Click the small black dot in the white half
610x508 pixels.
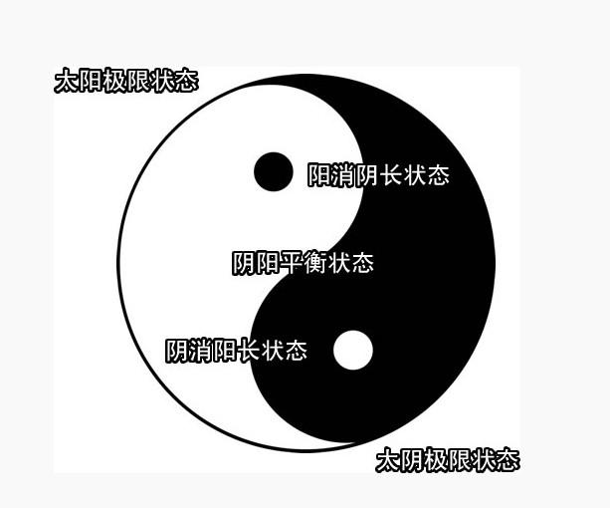point(274,171)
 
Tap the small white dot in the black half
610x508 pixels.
point(352,350)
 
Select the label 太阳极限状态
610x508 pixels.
point(126,81)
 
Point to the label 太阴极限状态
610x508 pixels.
point(448,460)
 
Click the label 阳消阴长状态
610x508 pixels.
point(378,175)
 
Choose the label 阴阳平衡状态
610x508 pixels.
point(303,263)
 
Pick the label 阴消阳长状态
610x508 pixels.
point(236,351)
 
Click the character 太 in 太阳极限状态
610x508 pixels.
point(67,81)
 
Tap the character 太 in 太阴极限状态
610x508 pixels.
point(388,460)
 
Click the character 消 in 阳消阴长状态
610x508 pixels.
point(342,175)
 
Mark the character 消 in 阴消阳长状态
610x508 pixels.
point(200,351)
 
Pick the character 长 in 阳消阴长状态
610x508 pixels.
point(390,175)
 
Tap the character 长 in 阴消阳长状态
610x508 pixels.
point(248,351)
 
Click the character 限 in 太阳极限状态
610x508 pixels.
point(138,81)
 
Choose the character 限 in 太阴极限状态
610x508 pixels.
point(460,460)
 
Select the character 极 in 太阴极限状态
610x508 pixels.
point(436,460)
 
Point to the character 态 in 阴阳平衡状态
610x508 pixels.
point(362,263)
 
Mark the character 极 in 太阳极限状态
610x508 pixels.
point(114,81)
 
